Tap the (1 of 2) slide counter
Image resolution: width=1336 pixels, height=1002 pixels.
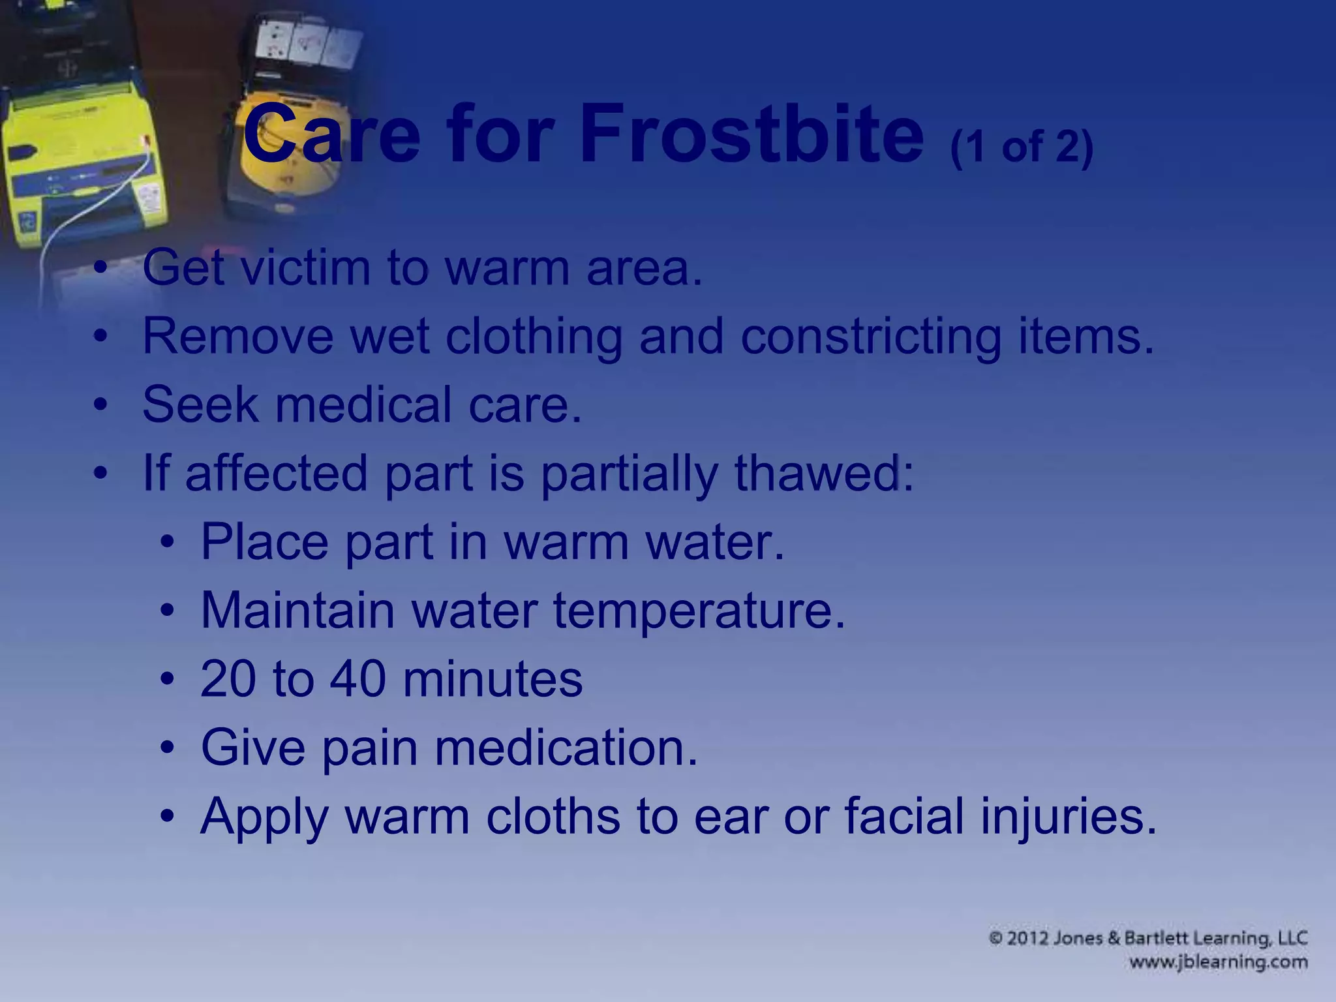(1022, 147)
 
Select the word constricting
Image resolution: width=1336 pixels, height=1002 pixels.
(871, 337)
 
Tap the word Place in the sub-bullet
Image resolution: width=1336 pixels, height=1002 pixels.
(264, 542)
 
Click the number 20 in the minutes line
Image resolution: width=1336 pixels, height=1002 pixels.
(228, 679)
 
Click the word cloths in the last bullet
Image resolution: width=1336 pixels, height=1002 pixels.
(553, 816)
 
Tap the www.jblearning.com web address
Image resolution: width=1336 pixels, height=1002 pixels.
(1218, 962)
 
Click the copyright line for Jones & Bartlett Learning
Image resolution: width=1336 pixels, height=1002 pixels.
(1148, 939)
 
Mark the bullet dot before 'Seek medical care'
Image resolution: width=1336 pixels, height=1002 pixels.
(100, 405)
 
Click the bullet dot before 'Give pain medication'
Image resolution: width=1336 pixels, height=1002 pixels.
(168, 748)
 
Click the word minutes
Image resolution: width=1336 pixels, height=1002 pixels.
(493, 679)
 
